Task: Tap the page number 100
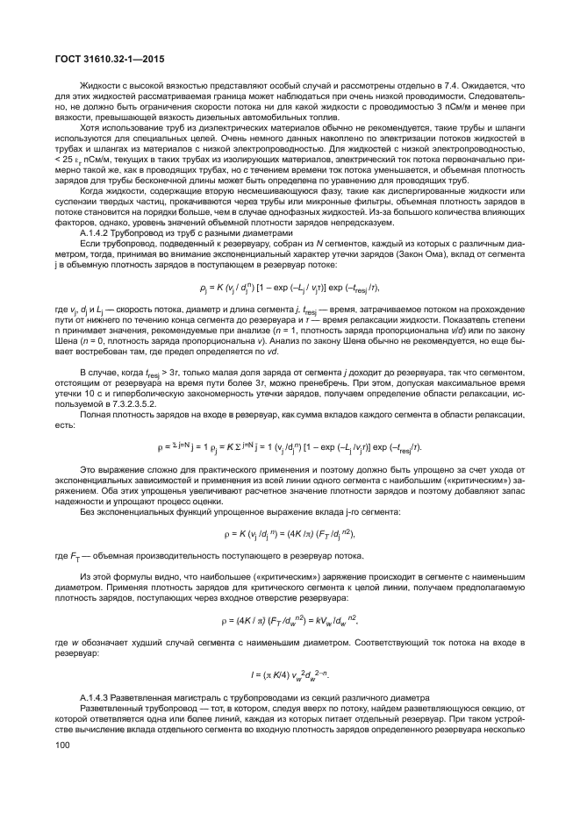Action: [61, 745]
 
